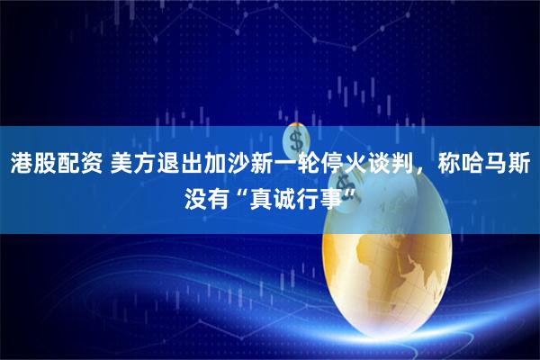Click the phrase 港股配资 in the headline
click(x=56, y=163)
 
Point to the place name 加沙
click(x=235, y=163)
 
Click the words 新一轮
click(x=300, y=163)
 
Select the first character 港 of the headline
click(x=22, y=163)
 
